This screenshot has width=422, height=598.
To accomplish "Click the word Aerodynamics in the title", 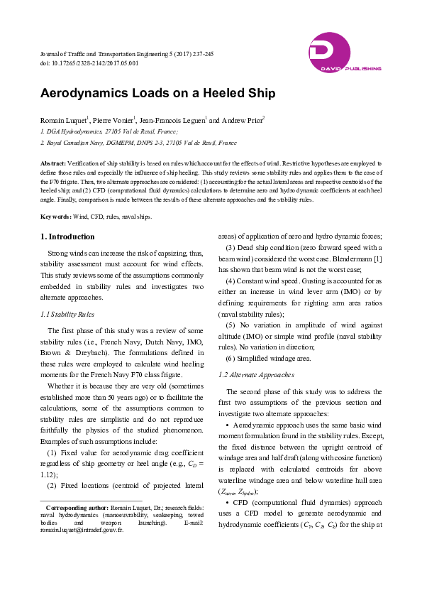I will click(x=84, y=93).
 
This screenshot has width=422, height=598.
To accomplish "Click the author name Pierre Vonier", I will click(x=113, y=120).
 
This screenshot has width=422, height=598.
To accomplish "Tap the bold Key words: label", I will click(x=56, y=216).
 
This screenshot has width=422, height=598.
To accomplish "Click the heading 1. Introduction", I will click(x=67, y=237).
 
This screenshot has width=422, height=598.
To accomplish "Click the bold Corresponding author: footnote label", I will click(x=77, y=509).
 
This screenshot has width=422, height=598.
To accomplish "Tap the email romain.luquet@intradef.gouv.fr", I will click(x=82, y=531).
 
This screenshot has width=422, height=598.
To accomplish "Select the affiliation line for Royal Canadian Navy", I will click(x=138, y=143).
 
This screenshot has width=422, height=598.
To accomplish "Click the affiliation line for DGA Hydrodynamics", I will click(x=109, y=131).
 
